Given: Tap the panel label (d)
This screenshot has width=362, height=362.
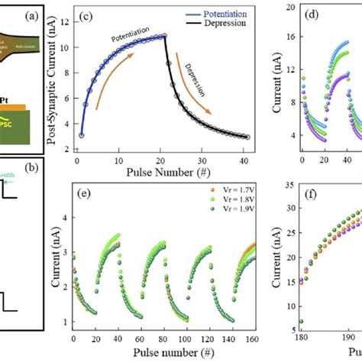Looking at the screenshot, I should point(334,15).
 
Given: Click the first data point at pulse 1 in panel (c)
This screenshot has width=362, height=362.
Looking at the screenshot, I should point(82,135).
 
